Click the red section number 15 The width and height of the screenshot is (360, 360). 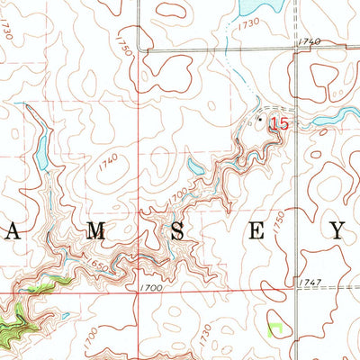(279, 123)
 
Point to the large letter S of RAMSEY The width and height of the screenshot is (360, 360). (178, 231)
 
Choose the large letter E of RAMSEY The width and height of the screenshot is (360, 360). (257, 231)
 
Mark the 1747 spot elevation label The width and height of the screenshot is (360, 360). (308, 283)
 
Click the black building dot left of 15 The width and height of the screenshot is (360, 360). (262, 118)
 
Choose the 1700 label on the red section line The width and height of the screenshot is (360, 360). (150, 287)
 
